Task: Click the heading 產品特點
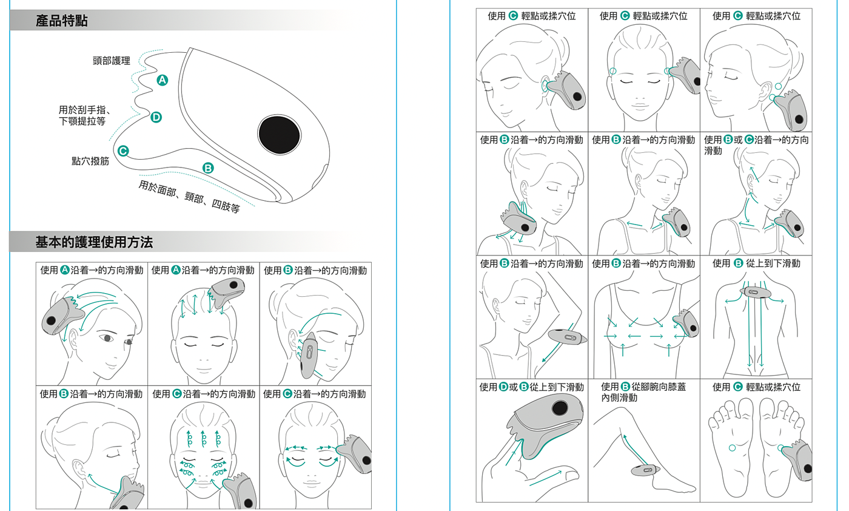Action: (x=62, y=21)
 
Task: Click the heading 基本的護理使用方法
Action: (x=94, y=242)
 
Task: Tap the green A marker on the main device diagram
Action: (x=163, y=80)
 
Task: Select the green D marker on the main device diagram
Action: (x=156, y=117)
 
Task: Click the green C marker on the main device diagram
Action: (x=123, y=151)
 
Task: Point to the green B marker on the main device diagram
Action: (x=208, y=168)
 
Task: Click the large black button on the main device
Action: (x=280, y=135)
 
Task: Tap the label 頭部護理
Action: (x=112, y=61)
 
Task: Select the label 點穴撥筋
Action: (x=90, y=161)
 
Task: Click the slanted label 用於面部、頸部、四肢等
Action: (x=189, y=197)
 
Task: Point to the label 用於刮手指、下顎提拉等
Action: (x=84, y=115)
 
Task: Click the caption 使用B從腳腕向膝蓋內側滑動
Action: (x=643, y=392)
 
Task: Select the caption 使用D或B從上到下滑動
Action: (x=531, y=387)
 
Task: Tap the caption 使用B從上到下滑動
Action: (x=756, y=263)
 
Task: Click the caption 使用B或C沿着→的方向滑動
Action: (x=756, y=145)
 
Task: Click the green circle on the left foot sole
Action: (x=733, y=448)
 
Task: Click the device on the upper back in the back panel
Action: (x=756, y=293)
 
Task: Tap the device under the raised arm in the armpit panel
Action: (x=568, y=336)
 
